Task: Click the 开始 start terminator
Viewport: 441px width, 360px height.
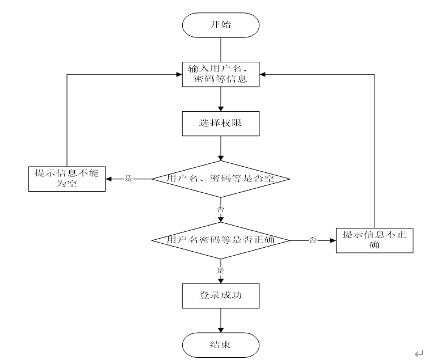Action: click(x=221, y=25)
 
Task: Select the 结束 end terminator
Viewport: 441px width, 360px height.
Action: click(x=221, y=345)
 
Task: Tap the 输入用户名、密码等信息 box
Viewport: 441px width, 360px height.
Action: click(x=221, y=74)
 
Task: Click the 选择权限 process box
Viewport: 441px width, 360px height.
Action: click(x=221, y=124)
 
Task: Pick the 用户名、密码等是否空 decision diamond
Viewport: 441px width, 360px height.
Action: click(x=221, y=179)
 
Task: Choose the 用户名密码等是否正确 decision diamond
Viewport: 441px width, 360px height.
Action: click(x=221, y=240)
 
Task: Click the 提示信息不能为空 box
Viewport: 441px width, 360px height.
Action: click(x=67, y=179)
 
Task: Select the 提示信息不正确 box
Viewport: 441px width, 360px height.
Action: click(x=375, y=240)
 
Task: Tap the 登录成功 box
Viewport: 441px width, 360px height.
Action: click(x=221, y=296)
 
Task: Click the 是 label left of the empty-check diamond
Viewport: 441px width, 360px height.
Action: click(x=128, y=179)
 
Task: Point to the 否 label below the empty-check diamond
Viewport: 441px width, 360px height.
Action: click(x=220, y=209)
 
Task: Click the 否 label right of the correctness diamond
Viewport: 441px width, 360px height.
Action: click(x=313, y=240)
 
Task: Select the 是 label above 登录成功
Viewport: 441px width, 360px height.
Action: click(x=220, y=270)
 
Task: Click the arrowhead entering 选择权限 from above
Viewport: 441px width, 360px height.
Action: click(x=221, y=109)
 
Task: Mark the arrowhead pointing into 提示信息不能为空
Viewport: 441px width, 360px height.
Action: click(x=108, y=179)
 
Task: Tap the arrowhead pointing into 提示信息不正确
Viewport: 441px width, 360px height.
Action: click(x=333, y=240)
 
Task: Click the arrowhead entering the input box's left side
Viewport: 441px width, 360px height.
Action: click(x=179, y=74)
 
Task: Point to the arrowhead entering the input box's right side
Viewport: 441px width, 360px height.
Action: click(x=262, y=74)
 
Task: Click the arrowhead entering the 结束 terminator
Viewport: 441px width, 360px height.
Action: click(x=221, y=330)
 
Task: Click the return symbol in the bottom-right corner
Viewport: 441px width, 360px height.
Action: click(x=419, y=354)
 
